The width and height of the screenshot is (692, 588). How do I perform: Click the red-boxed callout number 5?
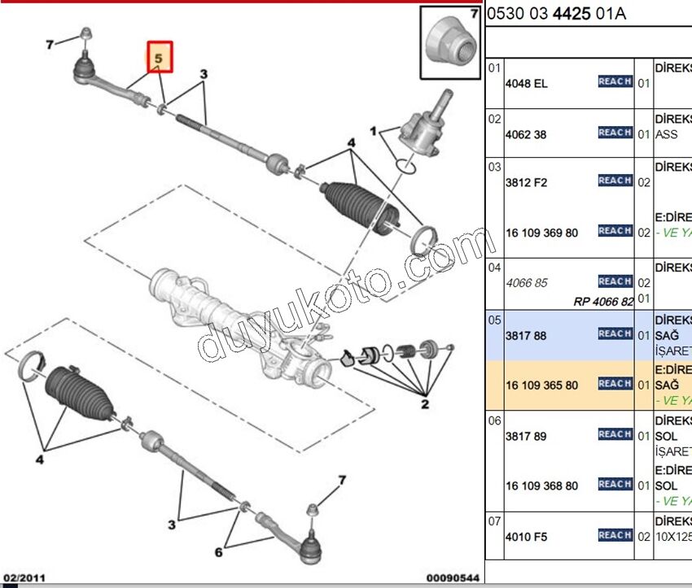[160, 58]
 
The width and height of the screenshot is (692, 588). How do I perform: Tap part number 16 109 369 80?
[541, 233]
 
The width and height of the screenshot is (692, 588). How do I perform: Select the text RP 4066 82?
[603, 301]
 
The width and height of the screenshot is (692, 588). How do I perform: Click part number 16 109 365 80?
[541, 385]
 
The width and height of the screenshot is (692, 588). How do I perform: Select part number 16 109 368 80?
[541, 486]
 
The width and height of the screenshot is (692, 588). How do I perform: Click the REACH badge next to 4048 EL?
[615, 82]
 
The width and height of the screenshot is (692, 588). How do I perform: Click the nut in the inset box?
[449, 45]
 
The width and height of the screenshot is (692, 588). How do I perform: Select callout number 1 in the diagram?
[374, 130]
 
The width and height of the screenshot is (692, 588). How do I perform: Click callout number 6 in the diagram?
[218, 553]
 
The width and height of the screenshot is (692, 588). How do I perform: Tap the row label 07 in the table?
[494, 520]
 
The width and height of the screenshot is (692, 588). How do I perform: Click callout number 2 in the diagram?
[425, 403]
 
